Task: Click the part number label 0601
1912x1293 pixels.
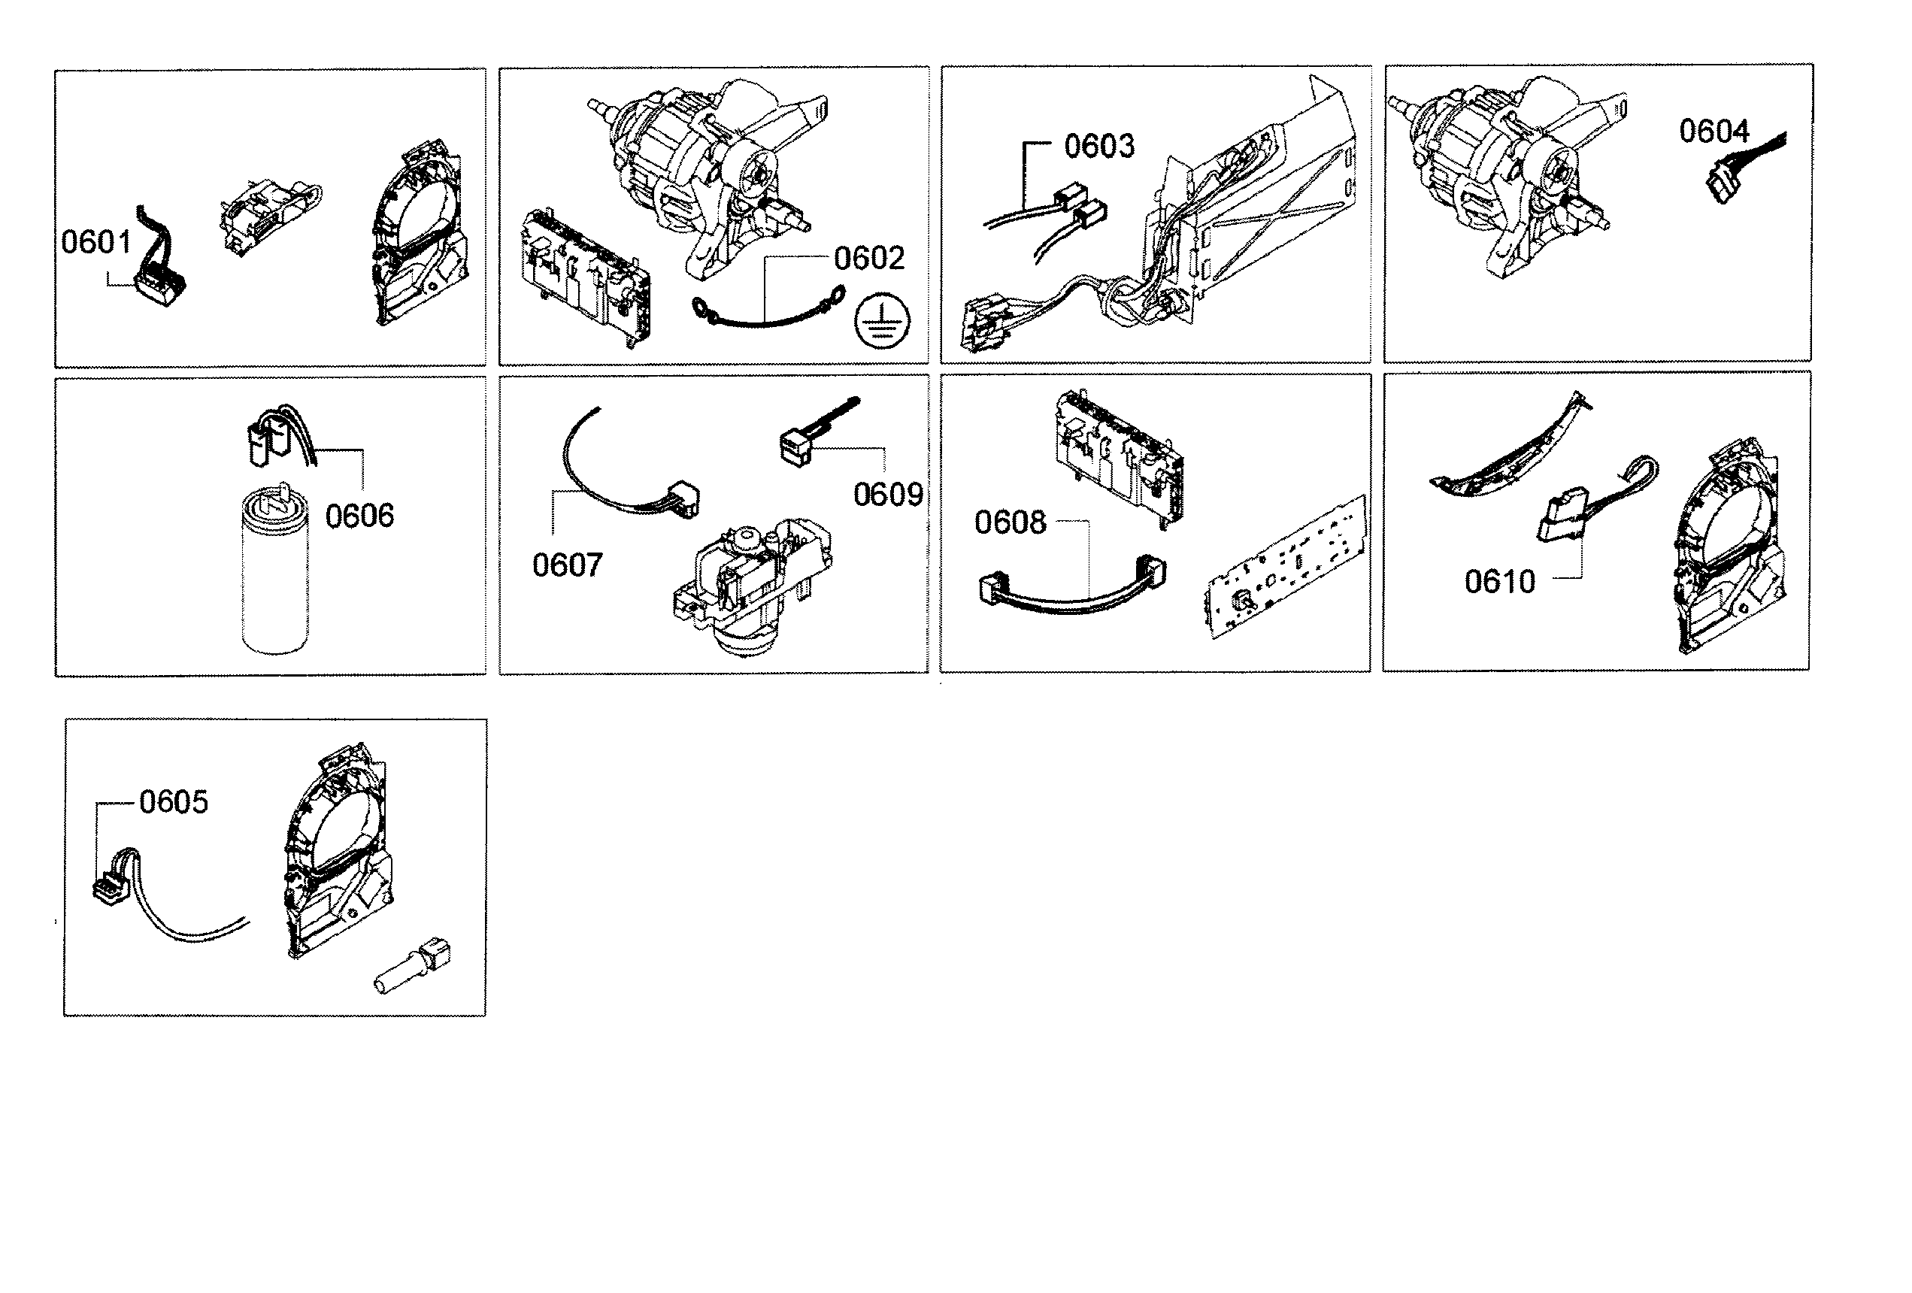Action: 96,243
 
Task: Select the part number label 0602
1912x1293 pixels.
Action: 869,259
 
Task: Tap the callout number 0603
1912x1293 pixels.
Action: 1099,147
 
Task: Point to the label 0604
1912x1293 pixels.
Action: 1714,132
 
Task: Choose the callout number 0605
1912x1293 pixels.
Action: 173,802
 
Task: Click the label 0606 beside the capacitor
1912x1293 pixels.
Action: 359,516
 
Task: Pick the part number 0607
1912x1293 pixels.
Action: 567,566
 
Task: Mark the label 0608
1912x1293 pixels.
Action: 1010,523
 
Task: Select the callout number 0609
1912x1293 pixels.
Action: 888,495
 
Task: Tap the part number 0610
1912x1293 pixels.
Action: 1499,583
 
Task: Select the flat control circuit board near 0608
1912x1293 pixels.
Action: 1287,568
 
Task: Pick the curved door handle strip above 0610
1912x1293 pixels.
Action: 1510,453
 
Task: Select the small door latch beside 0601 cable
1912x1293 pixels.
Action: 268,213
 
